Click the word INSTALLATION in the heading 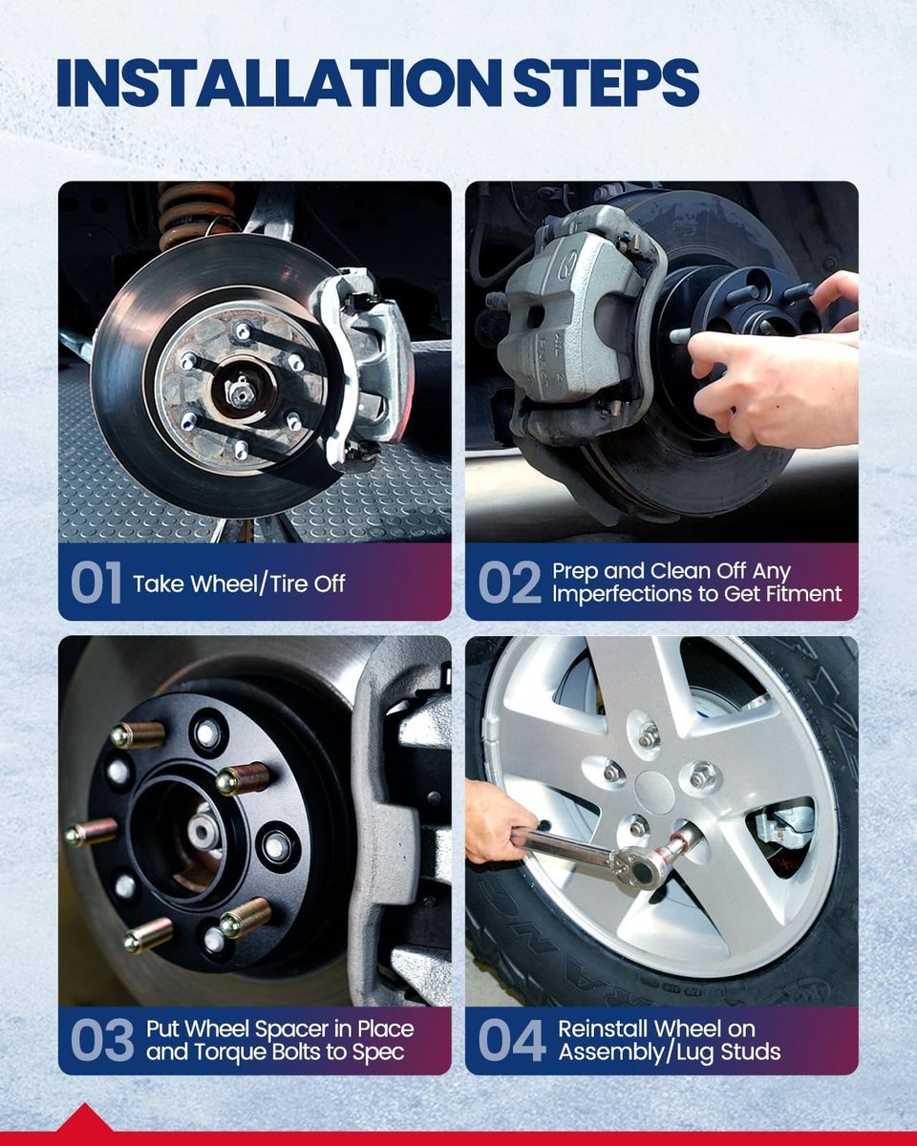coord(280,83)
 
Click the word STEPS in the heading coord(607,83)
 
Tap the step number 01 coord(96,584)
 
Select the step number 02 coord(509,584)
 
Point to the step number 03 coord(102,1040)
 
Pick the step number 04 coord(512,1040)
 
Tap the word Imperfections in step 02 coord(626,594)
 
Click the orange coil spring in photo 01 coord(196,213)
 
